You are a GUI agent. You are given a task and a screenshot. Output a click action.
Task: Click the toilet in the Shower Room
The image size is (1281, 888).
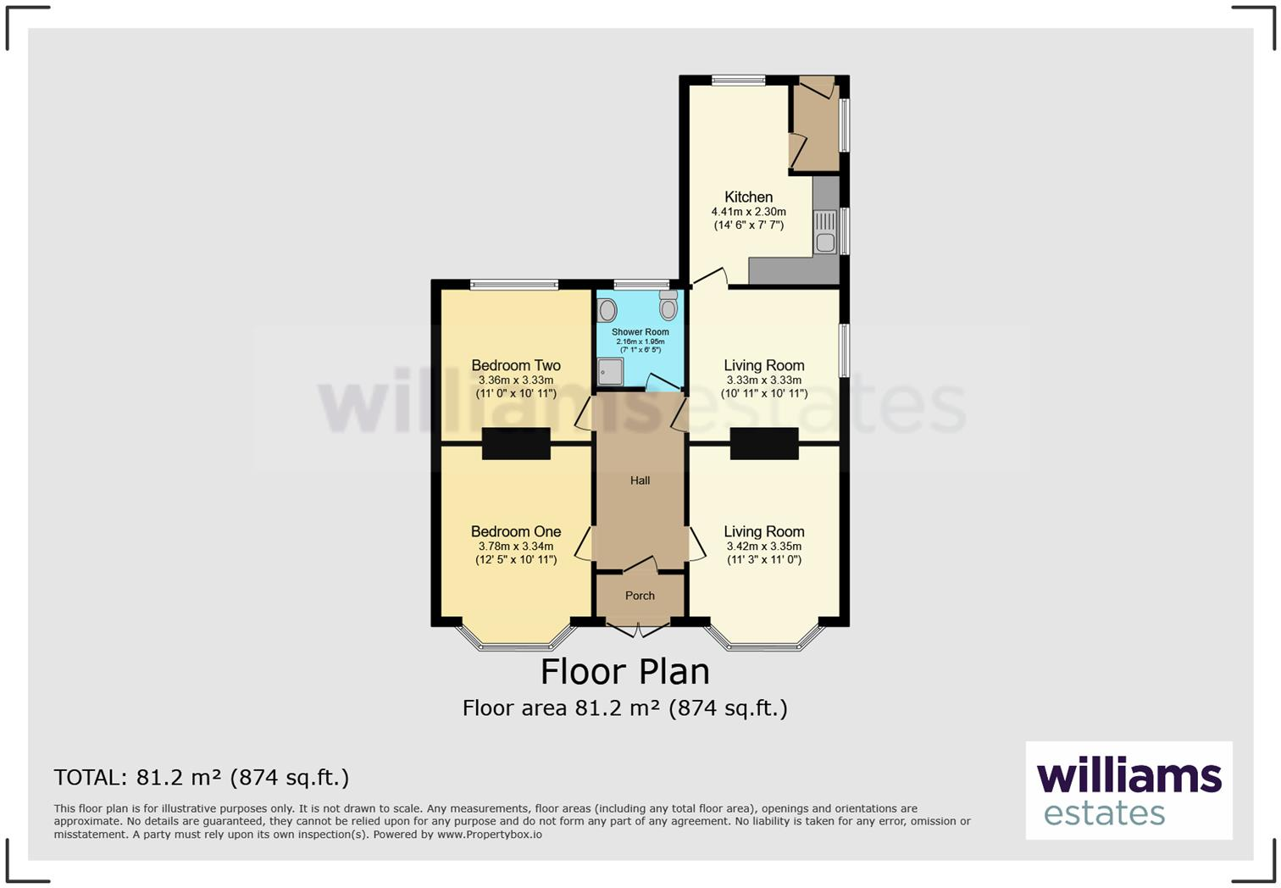point(668,308)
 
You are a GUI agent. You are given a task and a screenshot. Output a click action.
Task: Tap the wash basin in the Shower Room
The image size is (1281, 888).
point(607,309)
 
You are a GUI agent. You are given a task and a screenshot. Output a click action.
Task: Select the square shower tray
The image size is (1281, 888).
point(611,371)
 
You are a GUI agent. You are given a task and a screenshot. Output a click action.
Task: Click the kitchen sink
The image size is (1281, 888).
point(824,230)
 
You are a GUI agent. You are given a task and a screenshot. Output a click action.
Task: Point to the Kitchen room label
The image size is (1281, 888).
point(748,197)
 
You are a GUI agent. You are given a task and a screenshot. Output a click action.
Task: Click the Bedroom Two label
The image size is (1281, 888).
point(516,366)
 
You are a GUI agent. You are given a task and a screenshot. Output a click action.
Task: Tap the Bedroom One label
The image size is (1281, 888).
point(516,532)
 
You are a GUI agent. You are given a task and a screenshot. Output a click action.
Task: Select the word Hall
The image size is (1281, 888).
point(640,480)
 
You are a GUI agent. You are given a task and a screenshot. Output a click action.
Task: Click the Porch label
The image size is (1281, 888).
point(640,596)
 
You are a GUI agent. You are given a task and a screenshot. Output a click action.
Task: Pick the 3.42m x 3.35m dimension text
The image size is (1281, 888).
point(763,547)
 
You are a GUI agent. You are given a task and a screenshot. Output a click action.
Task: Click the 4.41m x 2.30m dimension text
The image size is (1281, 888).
point(748,212)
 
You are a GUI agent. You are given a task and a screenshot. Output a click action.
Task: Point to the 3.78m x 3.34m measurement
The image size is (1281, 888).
point(516,547)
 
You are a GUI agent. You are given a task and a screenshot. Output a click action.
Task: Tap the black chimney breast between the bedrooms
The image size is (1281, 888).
point(516,444)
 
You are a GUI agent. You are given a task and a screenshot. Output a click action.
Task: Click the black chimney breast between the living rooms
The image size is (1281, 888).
point(764,444)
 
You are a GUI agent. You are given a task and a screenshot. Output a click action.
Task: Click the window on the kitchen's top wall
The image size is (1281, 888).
point(738,81)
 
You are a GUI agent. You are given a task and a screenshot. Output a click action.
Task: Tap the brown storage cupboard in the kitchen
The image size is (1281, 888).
point(815,127)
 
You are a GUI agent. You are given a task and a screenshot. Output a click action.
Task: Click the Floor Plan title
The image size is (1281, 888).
point(625,671)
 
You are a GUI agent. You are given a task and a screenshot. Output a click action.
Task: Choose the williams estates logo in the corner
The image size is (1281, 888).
point(1128,791)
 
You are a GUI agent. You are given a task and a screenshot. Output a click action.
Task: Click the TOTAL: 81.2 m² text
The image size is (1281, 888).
point(201,777)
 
